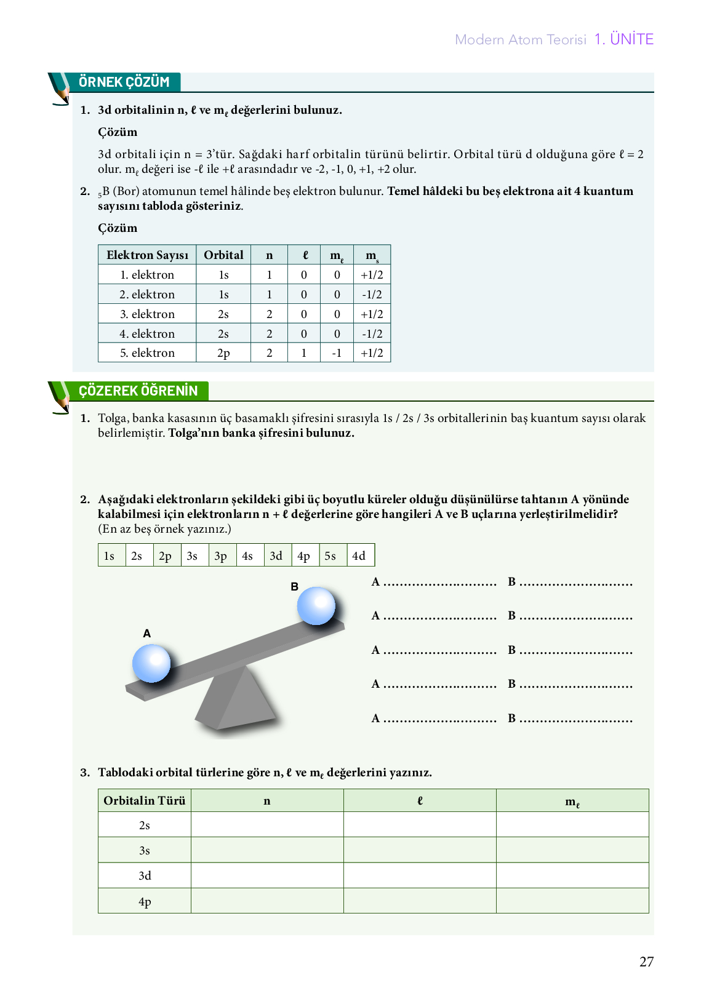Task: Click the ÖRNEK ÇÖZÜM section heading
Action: coord(124,82)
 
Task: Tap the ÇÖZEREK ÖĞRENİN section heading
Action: coord(138,391)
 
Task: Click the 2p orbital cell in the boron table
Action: coord(223,353)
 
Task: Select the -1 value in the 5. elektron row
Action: coord(337,353)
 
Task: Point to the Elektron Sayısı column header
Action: coord(147,255)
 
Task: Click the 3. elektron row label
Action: coord(147,314)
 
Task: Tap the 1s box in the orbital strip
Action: coord(110,555)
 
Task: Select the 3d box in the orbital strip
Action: coord(276,555)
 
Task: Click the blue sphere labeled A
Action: coord(151,663)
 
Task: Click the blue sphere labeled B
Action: coord(316,606)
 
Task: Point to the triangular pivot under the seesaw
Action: coord(237,701)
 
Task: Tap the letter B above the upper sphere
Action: coord(295,587)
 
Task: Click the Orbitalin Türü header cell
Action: coord(145,800)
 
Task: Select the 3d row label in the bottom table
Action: coord(145,875)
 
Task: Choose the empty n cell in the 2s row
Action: coord(267,825)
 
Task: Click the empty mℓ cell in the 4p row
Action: coord(572,901)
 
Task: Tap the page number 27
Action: coord(646,961)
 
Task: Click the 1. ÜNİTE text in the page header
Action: coord(623,39)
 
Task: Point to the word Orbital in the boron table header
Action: coord(223,255)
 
